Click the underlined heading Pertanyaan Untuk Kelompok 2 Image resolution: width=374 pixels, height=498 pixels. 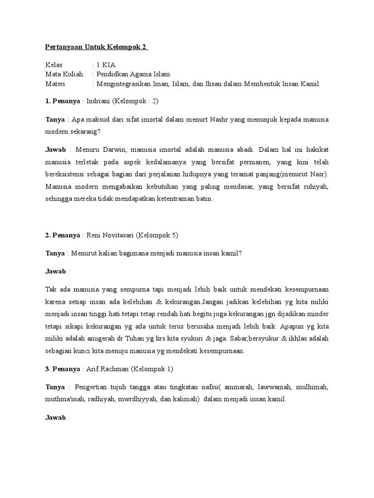tap(96, 47)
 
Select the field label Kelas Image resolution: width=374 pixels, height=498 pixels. tap(54, 65)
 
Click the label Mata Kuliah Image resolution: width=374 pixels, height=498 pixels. tap(63, 74)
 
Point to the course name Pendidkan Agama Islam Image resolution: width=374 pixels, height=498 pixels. tap(133, 74)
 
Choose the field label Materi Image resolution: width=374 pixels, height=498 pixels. tap(56, 84)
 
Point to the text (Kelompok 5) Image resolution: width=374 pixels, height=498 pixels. tap(157, 235)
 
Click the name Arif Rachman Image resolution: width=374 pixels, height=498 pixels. tap(109, 369)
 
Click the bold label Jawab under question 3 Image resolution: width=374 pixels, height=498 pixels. tap(56, 417)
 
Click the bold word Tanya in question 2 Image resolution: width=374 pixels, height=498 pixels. tap(55, 253)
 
